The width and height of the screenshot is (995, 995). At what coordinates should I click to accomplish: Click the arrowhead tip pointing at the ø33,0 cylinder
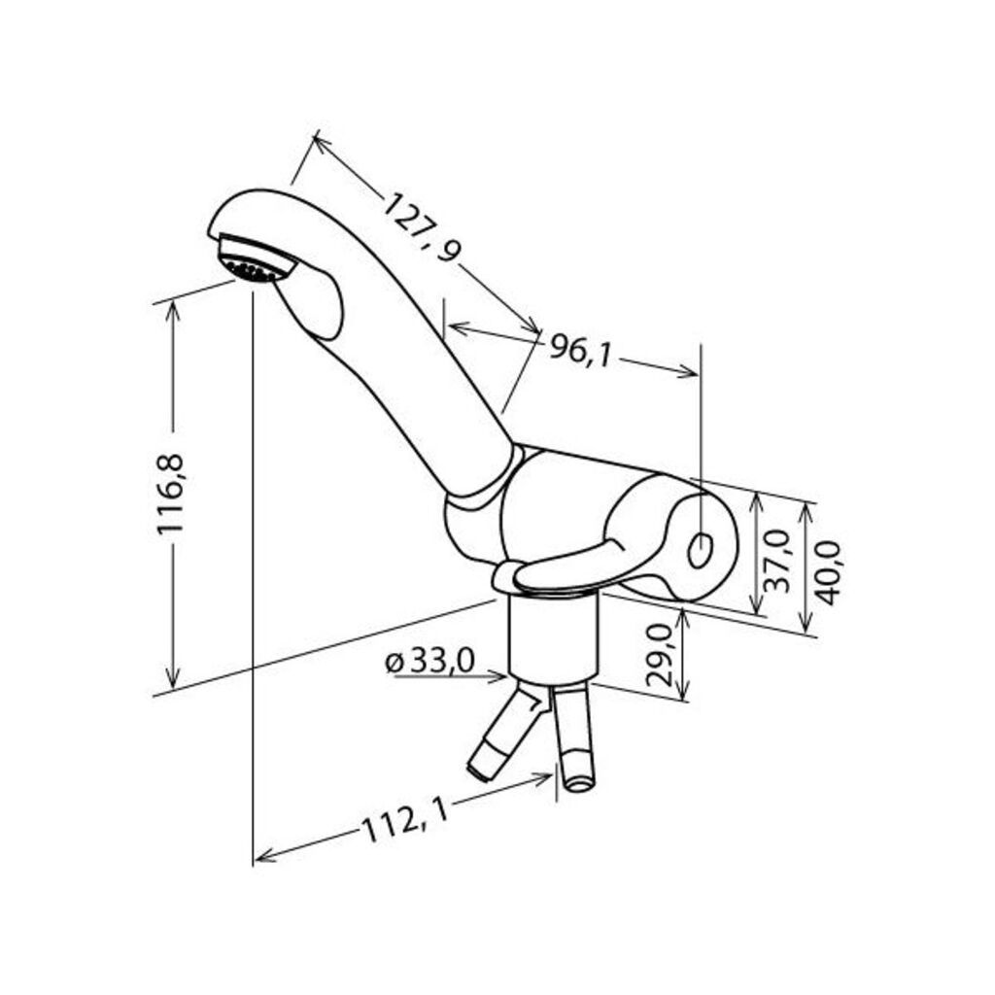(507, 677)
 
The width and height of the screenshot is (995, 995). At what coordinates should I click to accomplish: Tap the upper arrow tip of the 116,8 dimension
(173, 302)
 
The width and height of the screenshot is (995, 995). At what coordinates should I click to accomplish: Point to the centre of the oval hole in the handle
(701, 550)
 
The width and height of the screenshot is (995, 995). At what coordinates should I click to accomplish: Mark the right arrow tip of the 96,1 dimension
(699, 374)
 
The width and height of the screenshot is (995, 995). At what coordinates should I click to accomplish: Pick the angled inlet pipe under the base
(507, 736)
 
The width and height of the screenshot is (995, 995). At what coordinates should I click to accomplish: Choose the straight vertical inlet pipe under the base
(574, 738)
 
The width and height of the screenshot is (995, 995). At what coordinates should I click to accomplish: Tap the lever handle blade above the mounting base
(565, 565)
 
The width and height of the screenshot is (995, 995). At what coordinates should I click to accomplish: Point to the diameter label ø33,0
(429, 662)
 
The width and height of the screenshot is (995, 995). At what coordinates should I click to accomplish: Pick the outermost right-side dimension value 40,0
(828, 573)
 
